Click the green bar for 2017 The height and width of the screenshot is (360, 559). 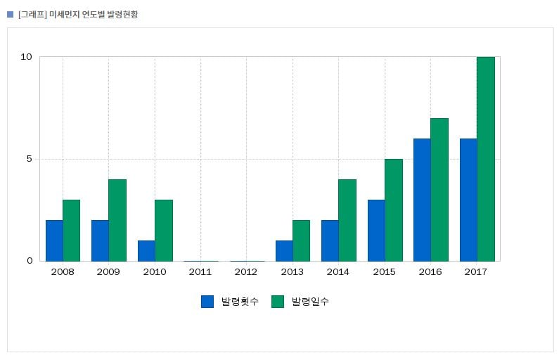click(x=486, y=159)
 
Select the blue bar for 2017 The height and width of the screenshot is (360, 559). click(x=468, y=200)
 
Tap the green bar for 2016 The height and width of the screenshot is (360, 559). click(x=439, y=190)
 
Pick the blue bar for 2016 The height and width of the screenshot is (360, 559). click(x=422, y=200)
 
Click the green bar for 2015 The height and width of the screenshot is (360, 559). click(x=394, y=210)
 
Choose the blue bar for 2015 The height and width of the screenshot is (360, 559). click(x=376, y=231)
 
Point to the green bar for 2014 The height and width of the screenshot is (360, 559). click(x=347, y=220)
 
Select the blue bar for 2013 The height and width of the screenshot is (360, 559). click(x=284, y=251)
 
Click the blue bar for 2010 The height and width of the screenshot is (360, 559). click(x=146, y=251)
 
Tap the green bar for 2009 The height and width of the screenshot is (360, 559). click(x=117, y=220)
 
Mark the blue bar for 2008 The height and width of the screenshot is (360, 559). click(x=54, y=240)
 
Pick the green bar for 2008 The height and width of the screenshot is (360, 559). click(x=71, y=231)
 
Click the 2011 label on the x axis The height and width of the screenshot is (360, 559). click(x=200, y=272)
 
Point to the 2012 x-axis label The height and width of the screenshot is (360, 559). click(x=246, y=272)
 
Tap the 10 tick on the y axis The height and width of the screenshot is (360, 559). click(x=27, y=57)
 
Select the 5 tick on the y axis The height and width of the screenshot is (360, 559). click(x=30, y=159)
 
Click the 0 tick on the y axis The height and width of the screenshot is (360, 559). click(x=30, y=261)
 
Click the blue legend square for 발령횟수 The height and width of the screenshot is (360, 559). click(x=207, y=302)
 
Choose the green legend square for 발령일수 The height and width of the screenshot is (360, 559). click(x=278, y=302)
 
